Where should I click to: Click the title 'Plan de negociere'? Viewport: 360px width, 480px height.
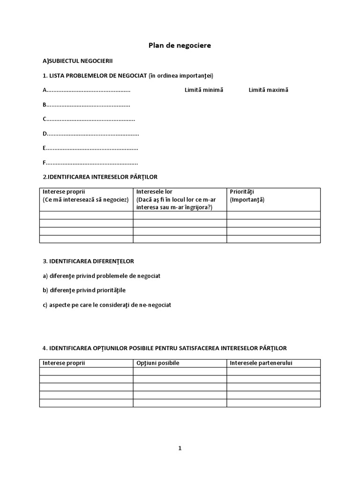tap(180, 45)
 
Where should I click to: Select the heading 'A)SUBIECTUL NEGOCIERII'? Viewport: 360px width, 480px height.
tap(77, 60)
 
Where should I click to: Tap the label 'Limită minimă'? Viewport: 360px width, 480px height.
tap(204, 90)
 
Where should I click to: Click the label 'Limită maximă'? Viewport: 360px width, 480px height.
tap(268, 90)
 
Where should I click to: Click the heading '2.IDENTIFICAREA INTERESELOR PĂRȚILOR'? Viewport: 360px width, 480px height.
tap(100, 177)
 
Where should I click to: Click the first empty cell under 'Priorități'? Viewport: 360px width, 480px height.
tap(273, 215)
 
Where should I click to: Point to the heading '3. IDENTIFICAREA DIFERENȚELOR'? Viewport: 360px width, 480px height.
tap(91, 261)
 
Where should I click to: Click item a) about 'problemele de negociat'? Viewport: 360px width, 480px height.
tap(101, 276)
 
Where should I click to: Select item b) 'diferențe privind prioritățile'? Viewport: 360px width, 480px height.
tap(84, 290)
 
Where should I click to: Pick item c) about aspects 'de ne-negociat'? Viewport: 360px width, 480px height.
tap(107, 305)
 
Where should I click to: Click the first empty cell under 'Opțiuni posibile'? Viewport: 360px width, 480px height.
tap(180, 371)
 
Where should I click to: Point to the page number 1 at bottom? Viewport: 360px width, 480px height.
tap(180, 448)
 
